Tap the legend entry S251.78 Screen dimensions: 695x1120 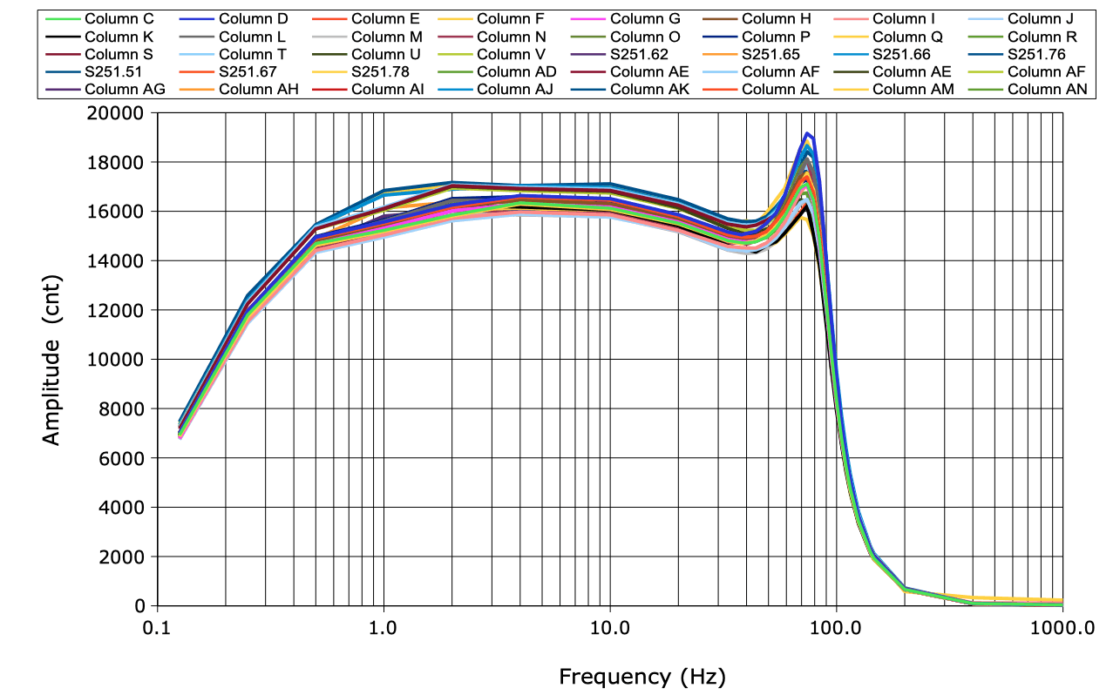[x=380, y=71]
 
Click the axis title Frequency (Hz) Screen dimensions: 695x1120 [x=641, y=677]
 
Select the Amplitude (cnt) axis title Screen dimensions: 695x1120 [x=53, y=359]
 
